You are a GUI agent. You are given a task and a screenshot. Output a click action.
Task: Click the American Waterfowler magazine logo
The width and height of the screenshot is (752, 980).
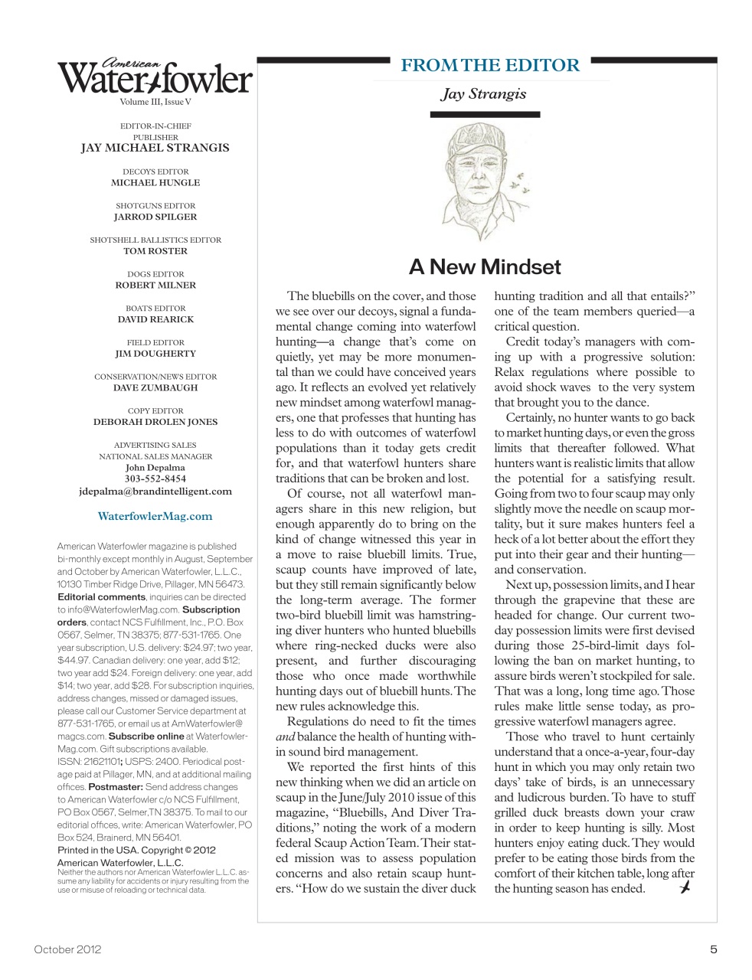(155, 77)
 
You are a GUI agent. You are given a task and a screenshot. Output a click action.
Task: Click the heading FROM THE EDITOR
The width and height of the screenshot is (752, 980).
(490, 66)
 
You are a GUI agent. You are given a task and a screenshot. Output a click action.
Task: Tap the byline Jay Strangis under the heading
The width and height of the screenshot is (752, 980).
(484, 94)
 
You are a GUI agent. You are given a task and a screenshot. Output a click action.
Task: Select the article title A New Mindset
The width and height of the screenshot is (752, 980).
(485, 267)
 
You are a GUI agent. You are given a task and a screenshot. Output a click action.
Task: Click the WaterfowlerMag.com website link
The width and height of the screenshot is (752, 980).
(155, 516)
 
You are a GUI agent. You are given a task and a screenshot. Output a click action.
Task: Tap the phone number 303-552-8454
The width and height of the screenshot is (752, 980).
(155, 479)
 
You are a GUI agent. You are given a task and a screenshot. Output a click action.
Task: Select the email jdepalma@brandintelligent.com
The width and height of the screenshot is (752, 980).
(155, 492)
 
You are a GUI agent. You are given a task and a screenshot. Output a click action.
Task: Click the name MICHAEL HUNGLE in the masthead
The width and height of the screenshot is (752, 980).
(155, 183)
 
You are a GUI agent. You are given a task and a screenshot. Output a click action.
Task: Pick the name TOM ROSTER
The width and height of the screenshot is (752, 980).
(155, 251)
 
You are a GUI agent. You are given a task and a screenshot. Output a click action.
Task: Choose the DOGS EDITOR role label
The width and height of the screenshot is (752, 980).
(155, 274)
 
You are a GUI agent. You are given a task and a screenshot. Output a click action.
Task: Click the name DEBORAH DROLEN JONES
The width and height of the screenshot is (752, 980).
(155, 422)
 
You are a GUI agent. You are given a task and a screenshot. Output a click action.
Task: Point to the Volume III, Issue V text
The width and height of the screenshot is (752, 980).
(155, 102)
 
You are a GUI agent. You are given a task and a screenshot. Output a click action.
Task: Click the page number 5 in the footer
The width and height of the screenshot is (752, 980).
(713, 949)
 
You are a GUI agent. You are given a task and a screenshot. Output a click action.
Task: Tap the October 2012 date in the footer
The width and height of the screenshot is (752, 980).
(67, 949)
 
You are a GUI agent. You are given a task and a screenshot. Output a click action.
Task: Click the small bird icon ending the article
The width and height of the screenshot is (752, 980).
(685, 887)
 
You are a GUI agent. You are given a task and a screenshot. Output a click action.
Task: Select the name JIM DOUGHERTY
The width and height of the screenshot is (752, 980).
(155, 354)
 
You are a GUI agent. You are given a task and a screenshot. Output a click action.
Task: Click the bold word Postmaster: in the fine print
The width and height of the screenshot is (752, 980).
(116, 787)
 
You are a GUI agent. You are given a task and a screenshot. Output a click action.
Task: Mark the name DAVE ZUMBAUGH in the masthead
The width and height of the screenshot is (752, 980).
(155, 387)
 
